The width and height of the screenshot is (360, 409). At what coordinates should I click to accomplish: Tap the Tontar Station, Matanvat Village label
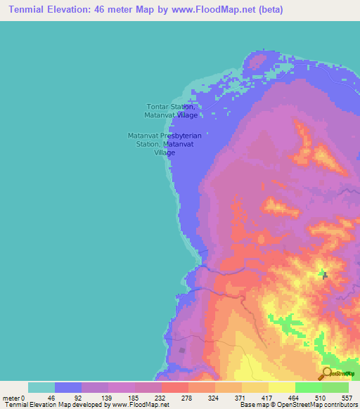tap(171, 110)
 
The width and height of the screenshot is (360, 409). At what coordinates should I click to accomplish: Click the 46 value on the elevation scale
tap(51, 397)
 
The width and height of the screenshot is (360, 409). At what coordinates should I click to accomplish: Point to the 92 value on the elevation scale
tap(77, 397)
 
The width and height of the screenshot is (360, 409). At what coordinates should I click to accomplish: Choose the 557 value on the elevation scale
tap(344, 397)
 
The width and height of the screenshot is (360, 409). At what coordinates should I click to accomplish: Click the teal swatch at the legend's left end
tap(41, 387)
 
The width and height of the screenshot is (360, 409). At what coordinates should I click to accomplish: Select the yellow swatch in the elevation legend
tap(281, 387)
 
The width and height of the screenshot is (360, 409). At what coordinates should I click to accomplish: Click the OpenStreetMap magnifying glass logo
tap(327, 374)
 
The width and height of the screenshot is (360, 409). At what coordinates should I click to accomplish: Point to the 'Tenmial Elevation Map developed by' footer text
tap(56, 405)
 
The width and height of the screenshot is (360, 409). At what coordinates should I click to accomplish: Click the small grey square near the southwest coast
tap(184, 349)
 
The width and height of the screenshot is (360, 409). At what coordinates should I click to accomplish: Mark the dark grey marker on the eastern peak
tap(324, 275)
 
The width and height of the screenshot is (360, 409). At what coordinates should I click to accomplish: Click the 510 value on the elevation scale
tap(318, 397)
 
